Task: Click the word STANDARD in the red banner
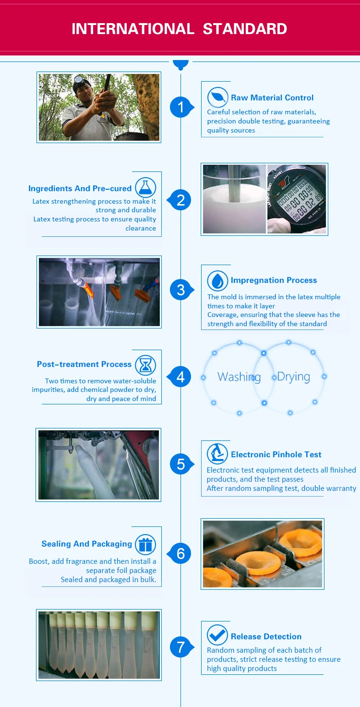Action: click(x=245, y=29)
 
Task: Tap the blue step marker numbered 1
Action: click(x=181, y=107)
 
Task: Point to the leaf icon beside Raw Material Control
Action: click(x=218, y=97)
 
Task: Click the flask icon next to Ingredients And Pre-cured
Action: click(x=145, y=187)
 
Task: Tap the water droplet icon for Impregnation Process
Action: click(x=218, y=280)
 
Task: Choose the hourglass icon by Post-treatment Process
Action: click(x=145, y=365)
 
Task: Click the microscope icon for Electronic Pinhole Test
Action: click(x=217, y=454)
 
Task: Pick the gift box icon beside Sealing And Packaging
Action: click(x=145, y=545)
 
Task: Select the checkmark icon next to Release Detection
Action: click(x=217, y=635)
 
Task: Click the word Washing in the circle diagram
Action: click(x=239, y=377)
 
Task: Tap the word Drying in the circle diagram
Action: click(x=293, y=377)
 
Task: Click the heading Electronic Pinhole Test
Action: click(x=276, y=454)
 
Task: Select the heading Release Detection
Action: click(x=266, y=636)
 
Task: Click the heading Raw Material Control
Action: click(x=272, y=98)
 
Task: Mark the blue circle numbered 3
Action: click(x=181, y=290)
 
